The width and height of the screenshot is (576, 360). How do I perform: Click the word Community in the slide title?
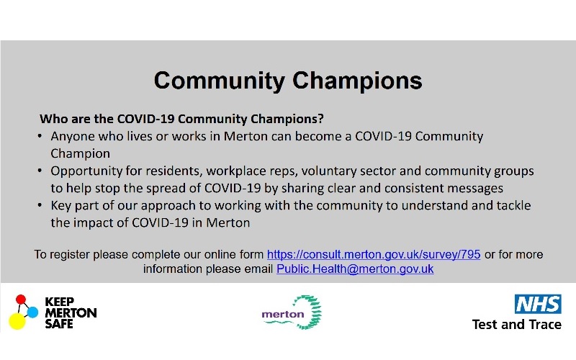(220, 81)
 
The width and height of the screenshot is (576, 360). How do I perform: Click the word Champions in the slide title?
(357, 81)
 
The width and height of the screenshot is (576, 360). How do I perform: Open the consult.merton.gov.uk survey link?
(374, 254)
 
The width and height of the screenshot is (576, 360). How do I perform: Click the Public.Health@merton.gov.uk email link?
(355, 269)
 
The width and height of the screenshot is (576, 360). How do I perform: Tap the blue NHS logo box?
(538, 304)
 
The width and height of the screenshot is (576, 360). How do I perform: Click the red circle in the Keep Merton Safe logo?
(21, 300)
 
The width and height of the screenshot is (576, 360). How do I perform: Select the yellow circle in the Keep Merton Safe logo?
(17, 321)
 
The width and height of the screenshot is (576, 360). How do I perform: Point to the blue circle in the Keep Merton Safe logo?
(32, 312)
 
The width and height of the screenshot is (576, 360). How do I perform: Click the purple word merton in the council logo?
(283, 315)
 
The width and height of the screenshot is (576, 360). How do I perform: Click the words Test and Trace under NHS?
(516, 325)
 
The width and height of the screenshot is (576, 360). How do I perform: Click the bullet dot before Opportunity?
(40, 171)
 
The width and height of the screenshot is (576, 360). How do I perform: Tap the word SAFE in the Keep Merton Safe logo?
(59, 324)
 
